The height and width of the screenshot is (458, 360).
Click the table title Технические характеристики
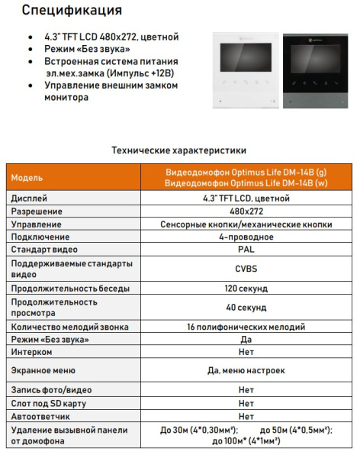179,150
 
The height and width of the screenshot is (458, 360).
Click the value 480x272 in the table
246,211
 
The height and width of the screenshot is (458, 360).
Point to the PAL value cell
246,249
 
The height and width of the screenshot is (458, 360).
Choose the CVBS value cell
246,269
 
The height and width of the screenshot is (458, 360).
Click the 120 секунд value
246,289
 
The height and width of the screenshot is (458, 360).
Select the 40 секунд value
246,308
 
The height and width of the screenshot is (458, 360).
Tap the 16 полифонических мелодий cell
246,327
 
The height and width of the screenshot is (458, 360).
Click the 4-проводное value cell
246,237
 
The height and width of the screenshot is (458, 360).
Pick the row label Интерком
32,352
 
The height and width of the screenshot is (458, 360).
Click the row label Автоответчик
41,416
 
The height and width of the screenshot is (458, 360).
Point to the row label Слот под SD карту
49,403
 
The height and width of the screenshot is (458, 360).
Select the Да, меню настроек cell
246,370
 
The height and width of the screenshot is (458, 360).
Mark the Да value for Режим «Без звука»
246,339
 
